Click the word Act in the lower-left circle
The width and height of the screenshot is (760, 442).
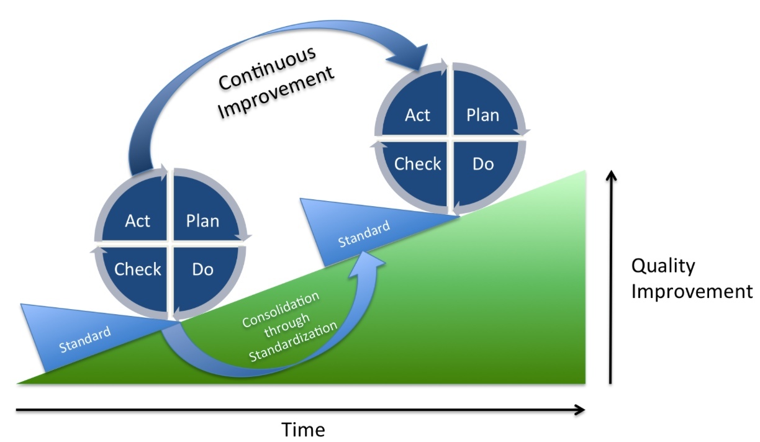click(x=137, y=221)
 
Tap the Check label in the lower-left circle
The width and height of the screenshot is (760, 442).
click(x=137, y=269)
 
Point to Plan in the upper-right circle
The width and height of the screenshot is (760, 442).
click(x=482, y=115)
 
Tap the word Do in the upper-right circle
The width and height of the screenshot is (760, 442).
click(x=483, y=164)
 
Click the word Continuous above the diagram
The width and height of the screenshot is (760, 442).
click(x=267, y=68)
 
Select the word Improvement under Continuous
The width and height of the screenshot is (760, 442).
click(x=276, y=92)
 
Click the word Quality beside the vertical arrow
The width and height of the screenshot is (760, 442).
click(x=663, y=266)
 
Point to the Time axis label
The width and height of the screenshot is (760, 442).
click(x=303, y=430)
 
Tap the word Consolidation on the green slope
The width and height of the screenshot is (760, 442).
click(x=281, y=309)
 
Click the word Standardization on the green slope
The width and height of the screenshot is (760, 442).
click(x=293, y=341)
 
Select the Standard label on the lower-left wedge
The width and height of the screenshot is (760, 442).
click(x=85, y=339)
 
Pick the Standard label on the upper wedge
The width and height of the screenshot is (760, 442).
click(x=364, y=233)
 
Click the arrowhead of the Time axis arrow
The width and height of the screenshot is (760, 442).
click(x=580, y=410)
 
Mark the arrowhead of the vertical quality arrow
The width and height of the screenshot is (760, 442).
click(x=611, y=175)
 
